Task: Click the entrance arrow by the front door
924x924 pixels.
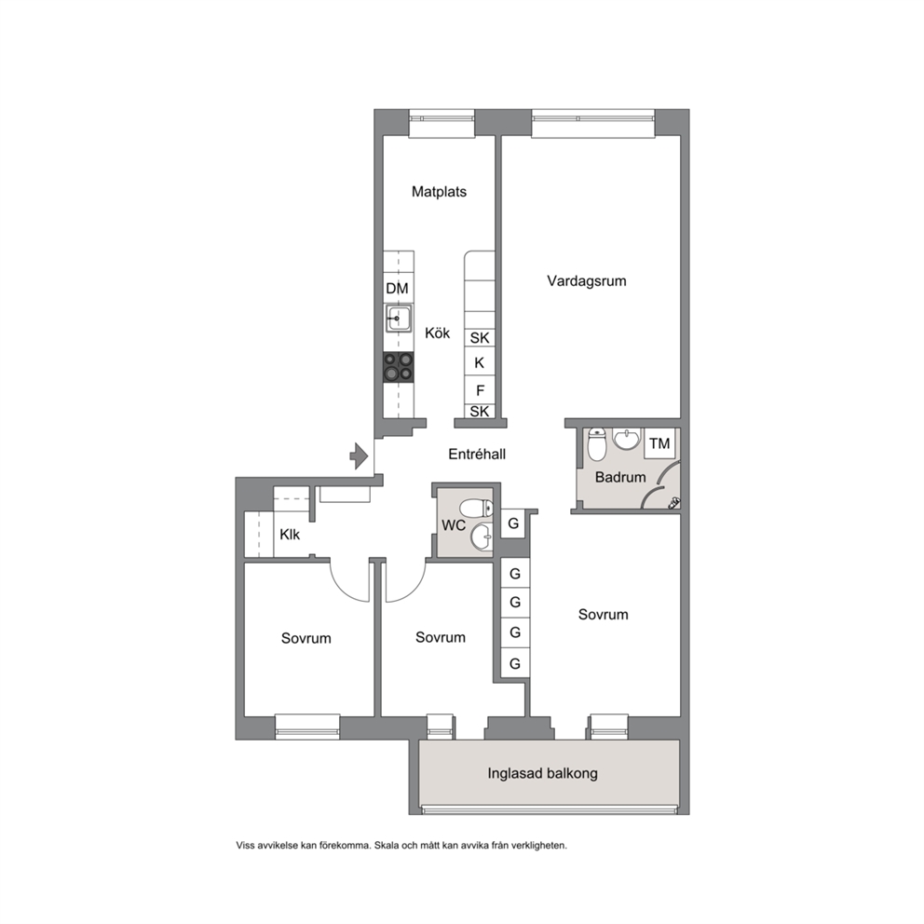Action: [x=359, y=456]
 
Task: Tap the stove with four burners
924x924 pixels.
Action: [x=399, y=367]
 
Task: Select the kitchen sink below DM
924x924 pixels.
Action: [x=399, y=319]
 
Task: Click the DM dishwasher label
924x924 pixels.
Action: [x=397, y=289]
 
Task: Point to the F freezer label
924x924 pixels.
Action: [x=481, y=390]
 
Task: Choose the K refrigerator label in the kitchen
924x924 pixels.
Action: [x=479, y=363]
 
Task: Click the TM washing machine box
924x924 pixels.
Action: [x=660, y=443]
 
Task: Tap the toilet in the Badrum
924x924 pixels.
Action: [x=597, y=444]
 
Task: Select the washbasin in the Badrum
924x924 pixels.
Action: [x=625, y=439]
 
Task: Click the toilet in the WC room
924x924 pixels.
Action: [x=477, y=508]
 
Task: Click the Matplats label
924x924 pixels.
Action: [x=439, y=192]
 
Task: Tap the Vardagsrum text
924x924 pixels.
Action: [x=586, y=281]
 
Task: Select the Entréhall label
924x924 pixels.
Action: [x=477, y=455]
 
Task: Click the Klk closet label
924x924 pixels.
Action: [x=290, y=535]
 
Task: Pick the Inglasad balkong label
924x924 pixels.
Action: [x=543, y=773]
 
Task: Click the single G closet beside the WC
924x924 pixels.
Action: [x=514, y=523]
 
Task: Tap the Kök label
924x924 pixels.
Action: [x=437, y=333]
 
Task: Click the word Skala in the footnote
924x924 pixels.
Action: [x=386, y=845]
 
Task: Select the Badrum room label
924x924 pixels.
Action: [x=620, y=477]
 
